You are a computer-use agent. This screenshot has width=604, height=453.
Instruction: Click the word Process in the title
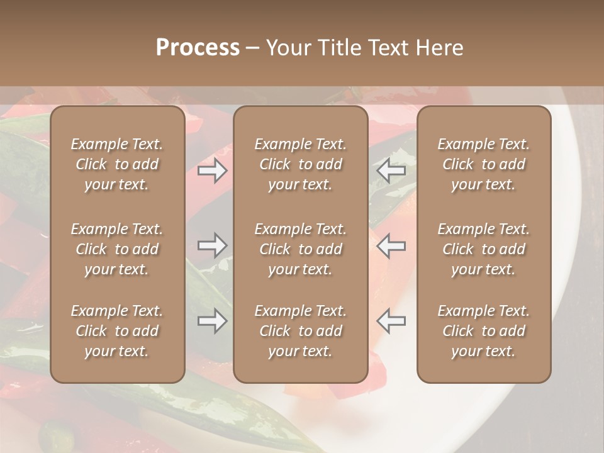(x=198, y=48)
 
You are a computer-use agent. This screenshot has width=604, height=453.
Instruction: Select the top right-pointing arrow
(x=212, y=170)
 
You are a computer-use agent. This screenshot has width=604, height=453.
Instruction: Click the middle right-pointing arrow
(x=212, y=245)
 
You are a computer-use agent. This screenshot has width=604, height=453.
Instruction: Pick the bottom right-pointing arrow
(x=212, y=322)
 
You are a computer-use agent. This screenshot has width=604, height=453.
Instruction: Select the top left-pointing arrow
(x=391, y=170)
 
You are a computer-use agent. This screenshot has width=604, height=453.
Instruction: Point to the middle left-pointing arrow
(x=391, y=245)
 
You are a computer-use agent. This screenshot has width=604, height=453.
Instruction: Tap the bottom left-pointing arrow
(x=391, y=322)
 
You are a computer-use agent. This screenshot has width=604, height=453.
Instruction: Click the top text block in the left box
(x=117, y=164)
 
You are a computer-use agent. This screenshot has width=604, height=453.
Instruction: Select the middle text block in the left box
(x=117, y=249)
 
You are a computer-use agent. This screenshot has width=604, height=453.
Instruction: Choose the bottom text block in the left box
(x=117, y=331)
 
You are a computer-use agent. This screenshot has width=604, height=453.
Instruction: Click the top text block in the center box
(x=301, y=164)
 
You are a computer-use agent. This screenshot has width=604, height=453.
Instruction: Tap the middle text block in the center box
(x=301, y=249)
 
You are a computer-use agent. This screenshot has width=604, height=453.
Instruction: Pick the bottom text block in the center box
(x=301, y=331)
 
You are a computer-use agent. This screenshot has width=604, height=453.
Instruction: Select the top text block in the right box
(x=484, y=164)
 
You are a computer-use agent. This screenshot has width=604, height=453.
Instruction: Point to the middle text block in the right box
(x=484, y=249)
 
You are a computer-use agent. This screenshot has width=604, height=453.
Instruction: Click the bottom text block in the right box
(x=484, y=331)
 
